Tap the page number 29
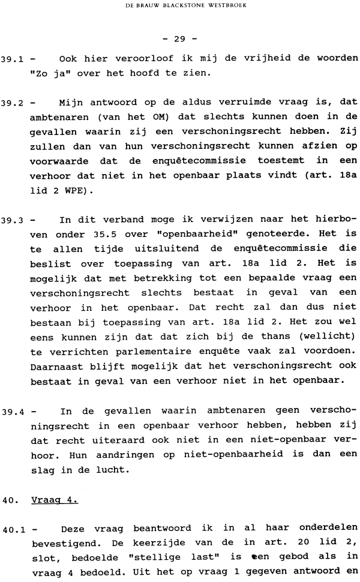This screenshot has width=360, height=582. click(179, 40)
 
